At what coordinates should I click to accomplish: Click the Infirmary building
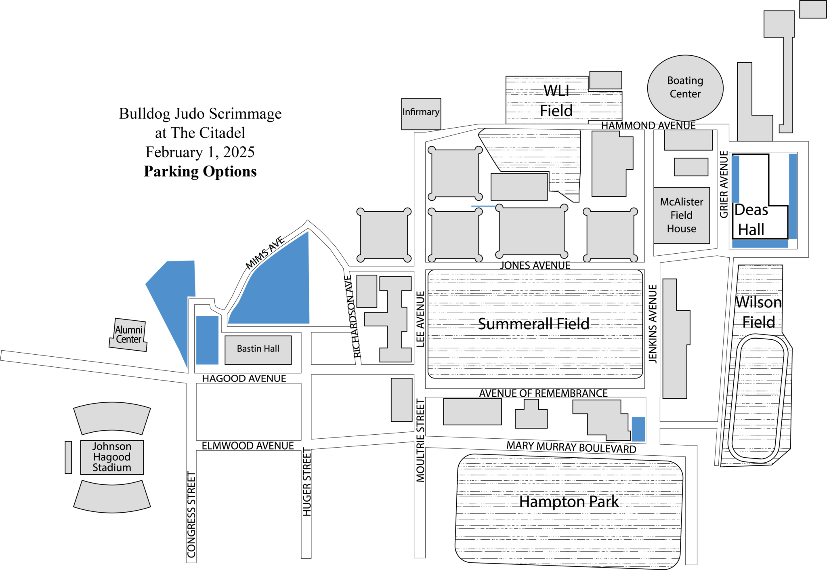(421, 114)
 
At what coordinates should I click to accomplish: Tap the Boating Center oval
(685, 88)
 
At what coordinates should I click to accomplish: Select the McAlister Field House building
(681, 215)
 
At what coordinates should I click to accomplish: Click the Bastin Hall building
(258, 349)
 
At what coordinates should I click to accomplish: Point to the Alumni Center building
(128, 334)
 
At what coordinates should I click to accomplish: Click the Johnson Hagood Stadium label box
(112, 457)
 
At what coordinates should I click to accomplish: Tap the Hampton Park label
(569, 502)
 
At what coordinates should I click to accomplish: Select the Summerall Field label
(533, 324)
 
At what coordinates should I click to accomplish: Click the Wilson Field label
(758, 312)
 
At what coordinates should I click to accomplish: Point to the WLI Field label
(556, 101)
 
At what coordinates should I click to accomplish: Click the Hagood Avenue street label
(244, 379)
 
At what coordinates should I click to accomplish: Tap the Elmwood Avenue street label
(248, 446)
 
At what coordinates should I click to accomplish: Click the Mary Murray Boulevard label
(571, 447)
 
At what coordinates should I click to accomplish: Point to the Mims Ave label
(265, 253)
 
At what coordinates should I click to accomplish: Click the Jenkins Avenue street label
(653, 324)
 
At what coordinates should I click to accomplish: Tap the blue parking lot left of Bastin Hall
(207, 340)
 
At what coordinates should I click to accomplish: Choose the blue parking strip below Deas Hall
(760, 244)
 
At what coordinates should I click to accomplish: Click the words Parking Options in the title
(200, 171)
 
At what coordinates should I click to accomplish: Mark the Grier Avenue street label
(724, 184)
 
